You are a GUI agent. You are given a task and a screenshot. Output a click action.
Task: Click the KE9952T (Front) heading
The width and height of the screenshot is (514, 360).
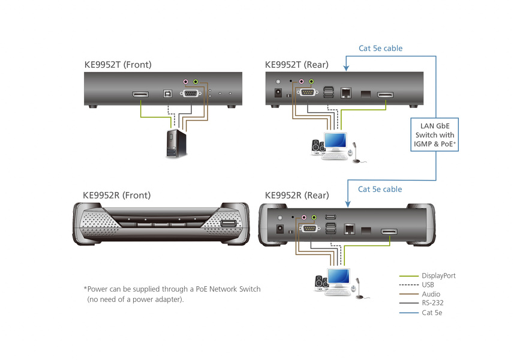[x=118, y=65]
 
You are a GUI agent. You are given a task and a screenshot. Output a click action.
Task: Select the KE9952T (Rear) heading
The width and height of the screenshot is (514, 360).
[x=296, y=65]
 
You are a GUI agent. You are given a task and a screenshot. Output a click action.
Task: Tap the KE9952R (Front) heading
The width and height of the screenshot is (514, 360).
[x=116, y=195]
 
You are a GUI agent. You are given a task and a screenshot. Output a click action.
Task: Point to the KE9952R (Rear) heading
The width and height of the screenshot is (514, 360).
[x=296, y=195]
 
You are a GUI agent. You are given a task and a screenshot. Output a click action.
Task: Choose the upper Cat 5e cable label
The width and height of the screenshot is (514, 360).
[x=380, y=48]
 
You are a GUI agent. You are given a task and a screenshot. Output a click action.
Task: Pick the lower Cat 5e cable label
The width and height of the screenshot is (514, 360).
[x=380, y=189]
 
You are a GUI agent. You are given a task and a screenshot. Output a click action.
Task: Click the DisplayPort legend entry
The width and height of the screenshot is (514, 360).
[x=438, y=275]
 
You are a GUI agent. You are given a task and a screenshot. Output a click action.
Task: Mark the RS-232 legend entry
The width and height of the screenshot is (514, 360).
[x=432, y=304]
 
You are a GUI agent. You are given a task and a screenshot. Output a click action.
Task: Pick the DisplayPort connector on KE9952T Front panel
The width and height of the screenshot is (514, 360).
[x=141, y=94]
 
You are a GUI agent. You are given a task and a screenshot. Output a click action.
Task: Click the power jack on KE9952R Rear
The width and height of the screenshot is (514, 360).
[x=279, y=229]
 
